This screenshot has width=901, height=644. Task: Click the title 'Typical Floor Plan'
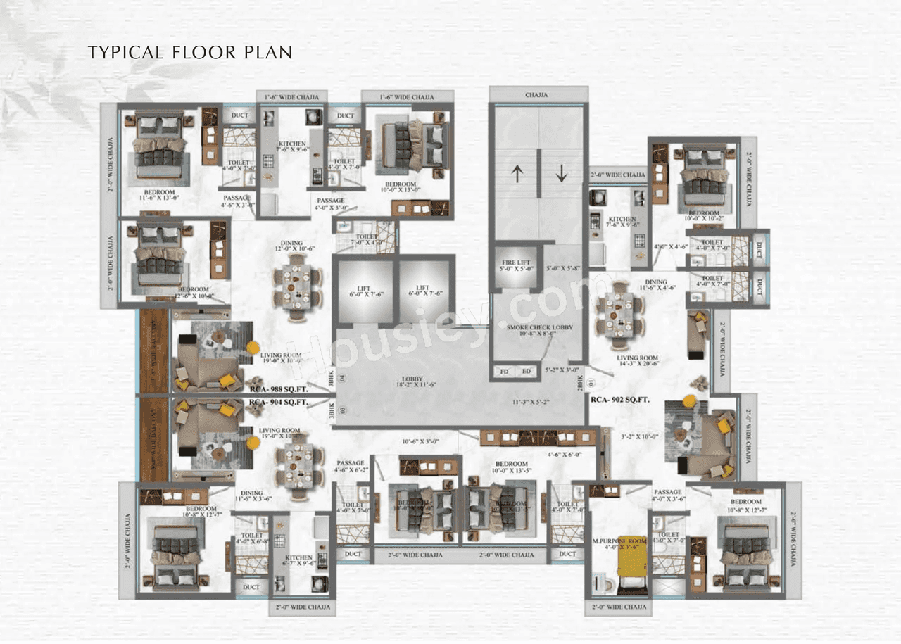[x=189, y=52]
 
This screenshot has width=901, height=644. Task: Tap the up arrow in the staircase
[x=517, y=173]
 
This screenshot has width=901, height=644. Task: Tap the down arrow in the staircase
[x=561, y=173]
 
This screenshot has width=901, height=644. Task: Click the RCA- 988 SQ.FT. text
[x=279, y=388]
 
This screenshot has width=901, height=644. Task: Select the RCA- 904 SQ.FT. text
[x=279, y=403]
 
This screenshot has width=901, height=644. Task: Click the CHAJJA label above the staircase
[x=538, y=94]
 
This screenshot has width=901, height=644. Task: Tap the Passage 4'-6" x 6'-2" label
[x=350, y=467]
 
